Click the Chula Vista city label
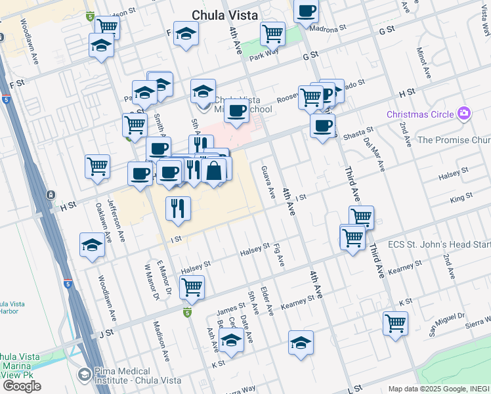tap(224, 15)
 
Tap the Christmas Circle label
tap(420, 114)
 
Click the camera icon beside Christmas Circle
tap(464, 114)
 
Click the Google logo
tap(22, 386)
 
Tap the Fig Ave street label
tap(280, 255)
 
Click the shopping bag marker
tap(214, 171)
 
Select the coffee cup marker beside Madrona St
tap(306, 11)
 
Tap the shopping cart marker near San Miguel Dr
tap(395, 322)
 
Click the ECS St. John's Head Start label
tap(439, 244)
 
